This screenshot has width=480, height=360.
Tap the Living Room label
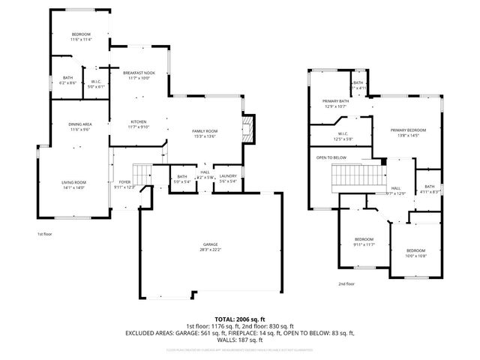click(x=73, y=184)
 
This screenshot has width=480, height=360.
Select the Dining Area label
click(x=80, y=127)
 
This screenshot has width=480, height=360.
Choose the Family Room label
click(x=204, y=133)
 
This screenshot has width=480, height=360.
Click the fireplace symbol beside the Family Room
click(x=249, y=129)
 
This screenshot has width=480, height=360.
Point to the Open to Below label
click(x=331, y=157)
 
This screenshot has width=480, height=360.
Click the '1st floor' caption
click(x=45, y=233)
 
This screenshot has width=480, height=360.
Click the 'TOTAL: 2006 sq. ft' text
click(x=239, y=319)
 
